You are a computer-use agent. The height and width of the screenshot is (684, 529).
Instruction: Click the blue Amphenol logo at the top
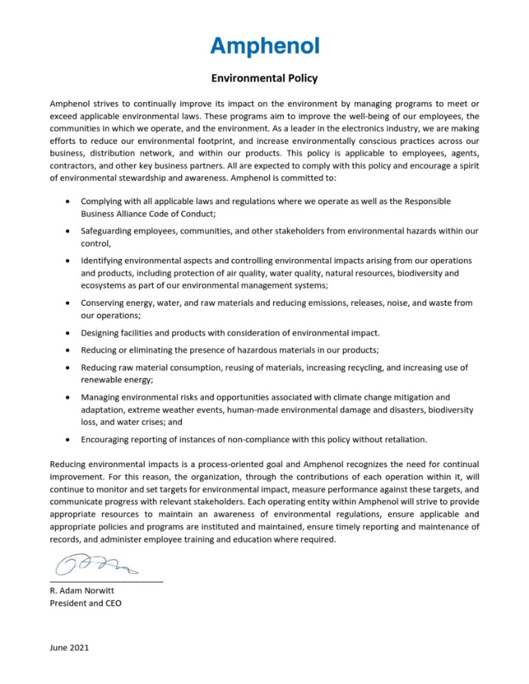coord(264,46)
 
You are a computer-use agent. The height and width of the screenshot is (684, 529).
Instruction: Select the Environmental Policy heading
coord(264,79)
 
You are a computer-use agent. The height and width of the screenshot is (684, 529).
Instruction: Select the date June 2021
coord(69,647)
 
